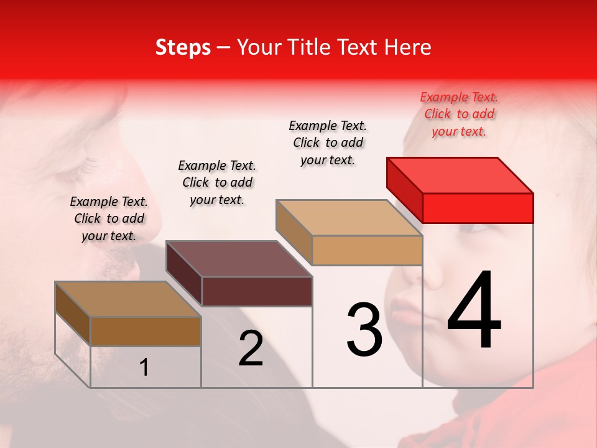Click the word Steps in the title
[x=183, y=47]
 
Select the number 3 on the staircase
[x=364, y=330]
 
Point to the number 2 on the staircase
[x=251, y=348]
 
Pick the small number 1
[x=144, y=368]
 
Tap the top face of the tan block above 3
[x=349, y=218]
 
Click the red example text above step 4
[x=459, y=114]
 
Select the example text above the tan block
[x=328, y=142]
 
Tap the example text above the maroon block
[x=217, y=182]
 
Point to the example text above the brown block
[x=109, y=218]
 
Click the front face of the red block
[x=478, y=208]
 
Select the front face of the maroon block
[x=257, y=291]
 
